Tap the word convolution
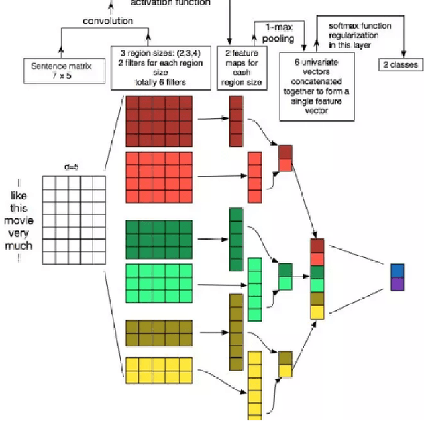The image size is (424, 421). click(x=107, y=21)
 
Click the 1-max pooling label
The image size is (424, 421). click(x=280, y=34)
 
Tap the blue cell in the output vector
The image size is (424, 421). click(x=397, y=271)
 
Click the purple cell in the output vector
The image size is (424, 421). click(x=397, y=284)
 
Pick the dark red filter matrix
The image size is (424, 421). click(x=158, y=120)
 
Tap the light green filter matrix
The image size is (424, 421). click(x=158, y=283)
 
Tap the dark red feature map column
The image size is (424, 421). click(x=236, y=121)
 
